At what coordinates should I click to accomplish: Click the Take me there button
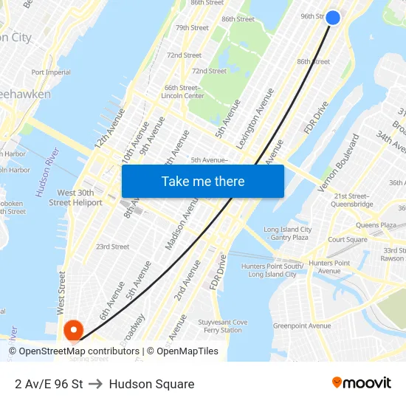203,182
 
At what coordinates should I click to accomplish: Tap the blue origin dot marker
333,17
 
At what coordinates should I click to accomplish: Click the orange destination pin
73,330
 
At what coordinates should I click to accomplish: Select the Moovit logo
362,382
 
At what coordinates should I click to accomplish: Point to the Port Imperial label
51,72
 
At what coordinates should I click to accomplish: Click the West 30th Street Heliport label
75,198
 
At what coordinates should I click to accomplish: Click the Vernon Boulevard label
339,162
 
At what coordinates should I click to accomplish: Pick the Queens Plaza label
376,225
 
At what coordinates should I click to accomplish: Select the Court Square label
348,239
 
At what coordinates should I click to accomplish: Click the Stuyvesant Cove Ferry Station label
222,326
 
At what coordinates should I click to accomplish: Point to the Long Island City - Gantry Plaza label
287,233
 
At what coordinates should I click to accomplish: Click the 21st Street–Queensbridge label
354,200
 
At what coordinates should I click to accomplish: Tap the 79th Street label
192,28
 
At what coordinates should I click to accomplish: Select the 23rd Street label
112,247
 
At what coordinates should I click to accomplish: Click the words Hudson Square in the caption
151,384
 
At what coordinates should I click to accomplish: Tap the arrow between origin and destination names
96,384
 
